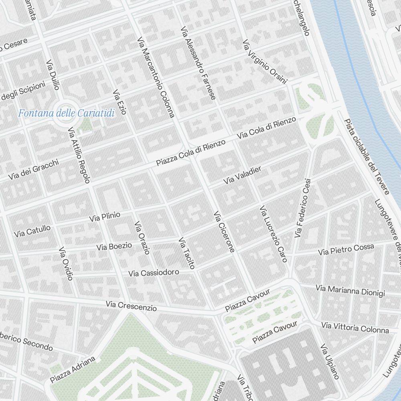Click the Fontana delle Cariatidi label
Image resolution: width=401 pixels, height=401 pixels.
click(x=66, y=113)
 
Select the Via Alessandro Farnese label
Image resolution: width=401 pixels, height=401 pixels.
click(x=198, y=63)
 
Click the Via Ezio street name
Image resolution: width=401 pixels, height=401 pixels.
click(x=119, y=102)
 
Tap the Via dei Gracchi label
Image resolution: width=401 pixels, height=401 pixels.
click(x=33, y=169)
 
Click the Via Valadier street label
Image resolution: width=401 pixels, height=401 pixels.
click(x=242, y=175)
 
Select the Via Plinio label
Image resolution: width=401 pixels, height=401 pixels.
click(x=105, y=217)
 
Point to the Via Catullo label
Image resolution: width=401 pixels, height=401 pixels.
click(x=32, y=231)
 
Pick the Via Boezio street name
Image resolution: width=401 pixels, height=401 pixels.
click(x=114, y=246)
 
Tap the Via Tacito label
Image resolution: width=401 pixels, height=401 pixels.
click(x=186, y=253)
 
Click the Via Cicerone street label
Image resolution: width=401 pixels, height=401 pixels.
click(x=224, y=232)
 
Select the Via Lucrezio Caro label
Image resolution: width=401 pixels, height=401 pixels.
click(x=273, y=234)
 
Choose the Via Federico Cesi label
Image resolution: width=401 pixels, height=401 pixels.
click(x=303, y=208)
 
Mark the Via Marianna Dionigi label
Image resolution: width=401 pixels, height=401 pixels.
click(x=350, y=291)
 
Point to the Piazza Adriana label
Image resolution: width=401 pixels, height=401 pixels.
click(x=73, y=369)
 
